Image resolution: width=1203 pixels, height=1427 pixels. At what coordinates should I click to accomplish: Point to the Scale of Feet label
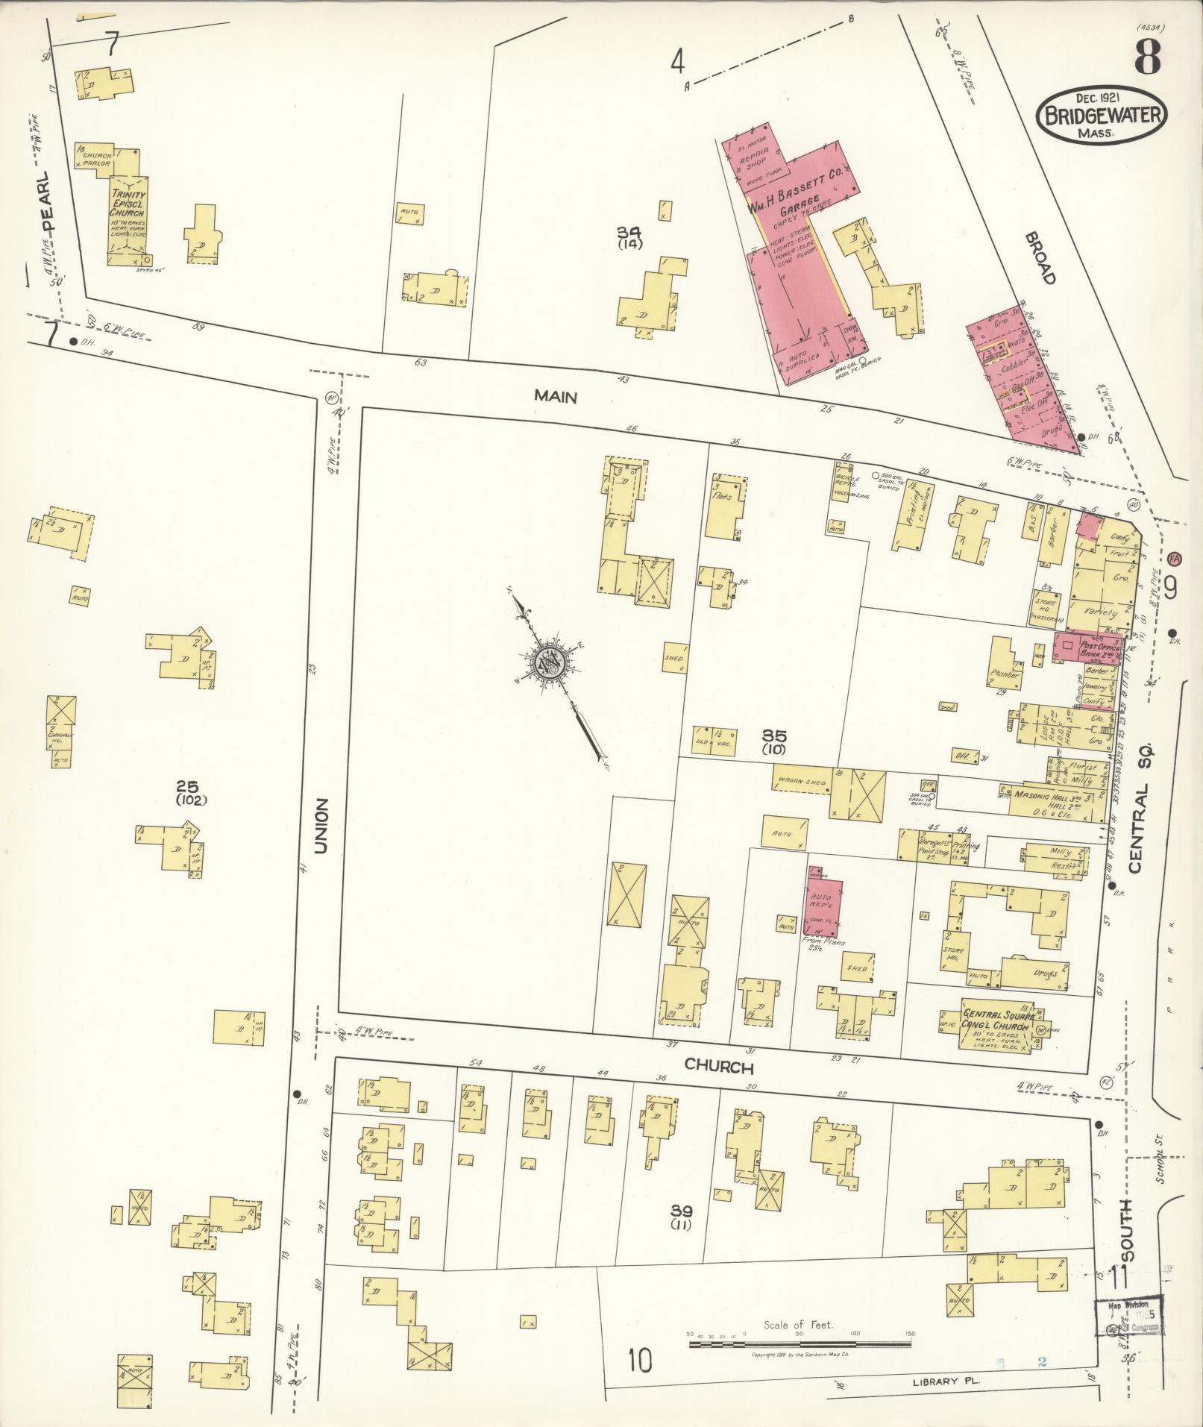[x=798, y=1326]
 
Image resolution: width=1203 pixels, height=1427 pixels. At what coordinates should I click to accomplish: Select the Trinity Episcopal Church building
[x=128, y=221]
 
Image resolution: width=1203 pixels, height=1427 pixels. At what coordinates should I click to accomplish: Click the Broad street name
[x=1040, y=257]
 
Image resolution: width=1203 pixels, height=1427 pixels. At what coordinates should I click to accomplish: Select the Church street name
[x=720, y=1067]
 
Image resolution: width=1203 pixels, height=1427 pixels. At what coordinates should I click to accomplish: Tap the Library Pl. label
[x=944, y=1381]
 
